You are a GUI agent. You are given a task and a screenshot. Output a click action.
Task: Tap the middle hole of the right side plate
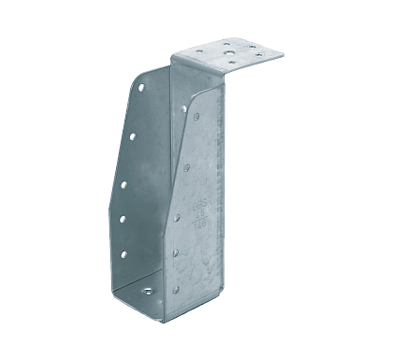(178, 217)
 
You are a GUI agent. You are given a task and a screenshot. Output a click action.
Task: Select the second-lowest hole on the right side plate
(176, 253)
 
